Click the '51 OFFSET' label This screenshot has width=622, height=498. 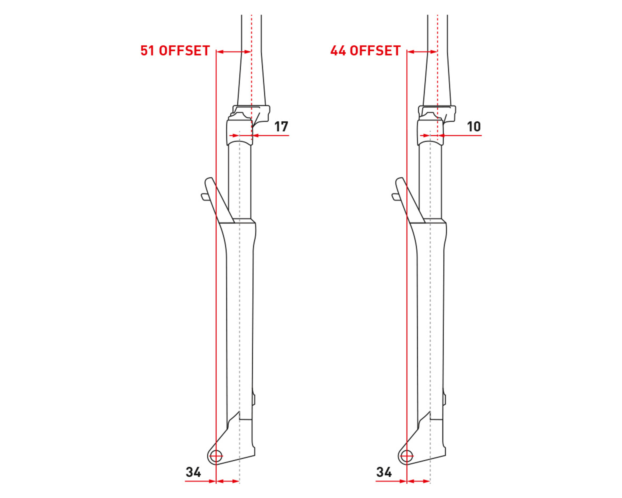[175, 51]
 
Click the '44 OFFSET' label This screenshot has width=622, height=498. [365, 51]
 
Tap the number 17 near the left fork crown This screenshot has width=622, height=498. [281, 127]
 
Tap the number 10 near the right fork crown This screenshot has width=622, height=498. [474, 127]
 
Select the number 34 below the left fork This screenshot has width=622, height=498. [193, 472]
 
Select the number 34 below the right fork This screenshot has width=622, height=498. [384, 472]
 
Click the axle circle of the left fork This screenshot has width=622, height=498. [216, 456]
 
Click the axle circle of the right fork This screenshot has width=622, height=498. [406, 456]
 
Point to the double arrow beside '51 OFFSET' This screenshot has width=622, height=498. [234, 52]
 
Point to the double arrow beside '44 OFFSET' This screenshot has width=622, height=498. [422, 52]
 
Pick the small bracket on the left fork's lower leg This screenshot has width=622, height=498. [254, 399]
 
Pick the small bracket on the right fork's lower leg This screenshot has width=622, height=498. [444, 399]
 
